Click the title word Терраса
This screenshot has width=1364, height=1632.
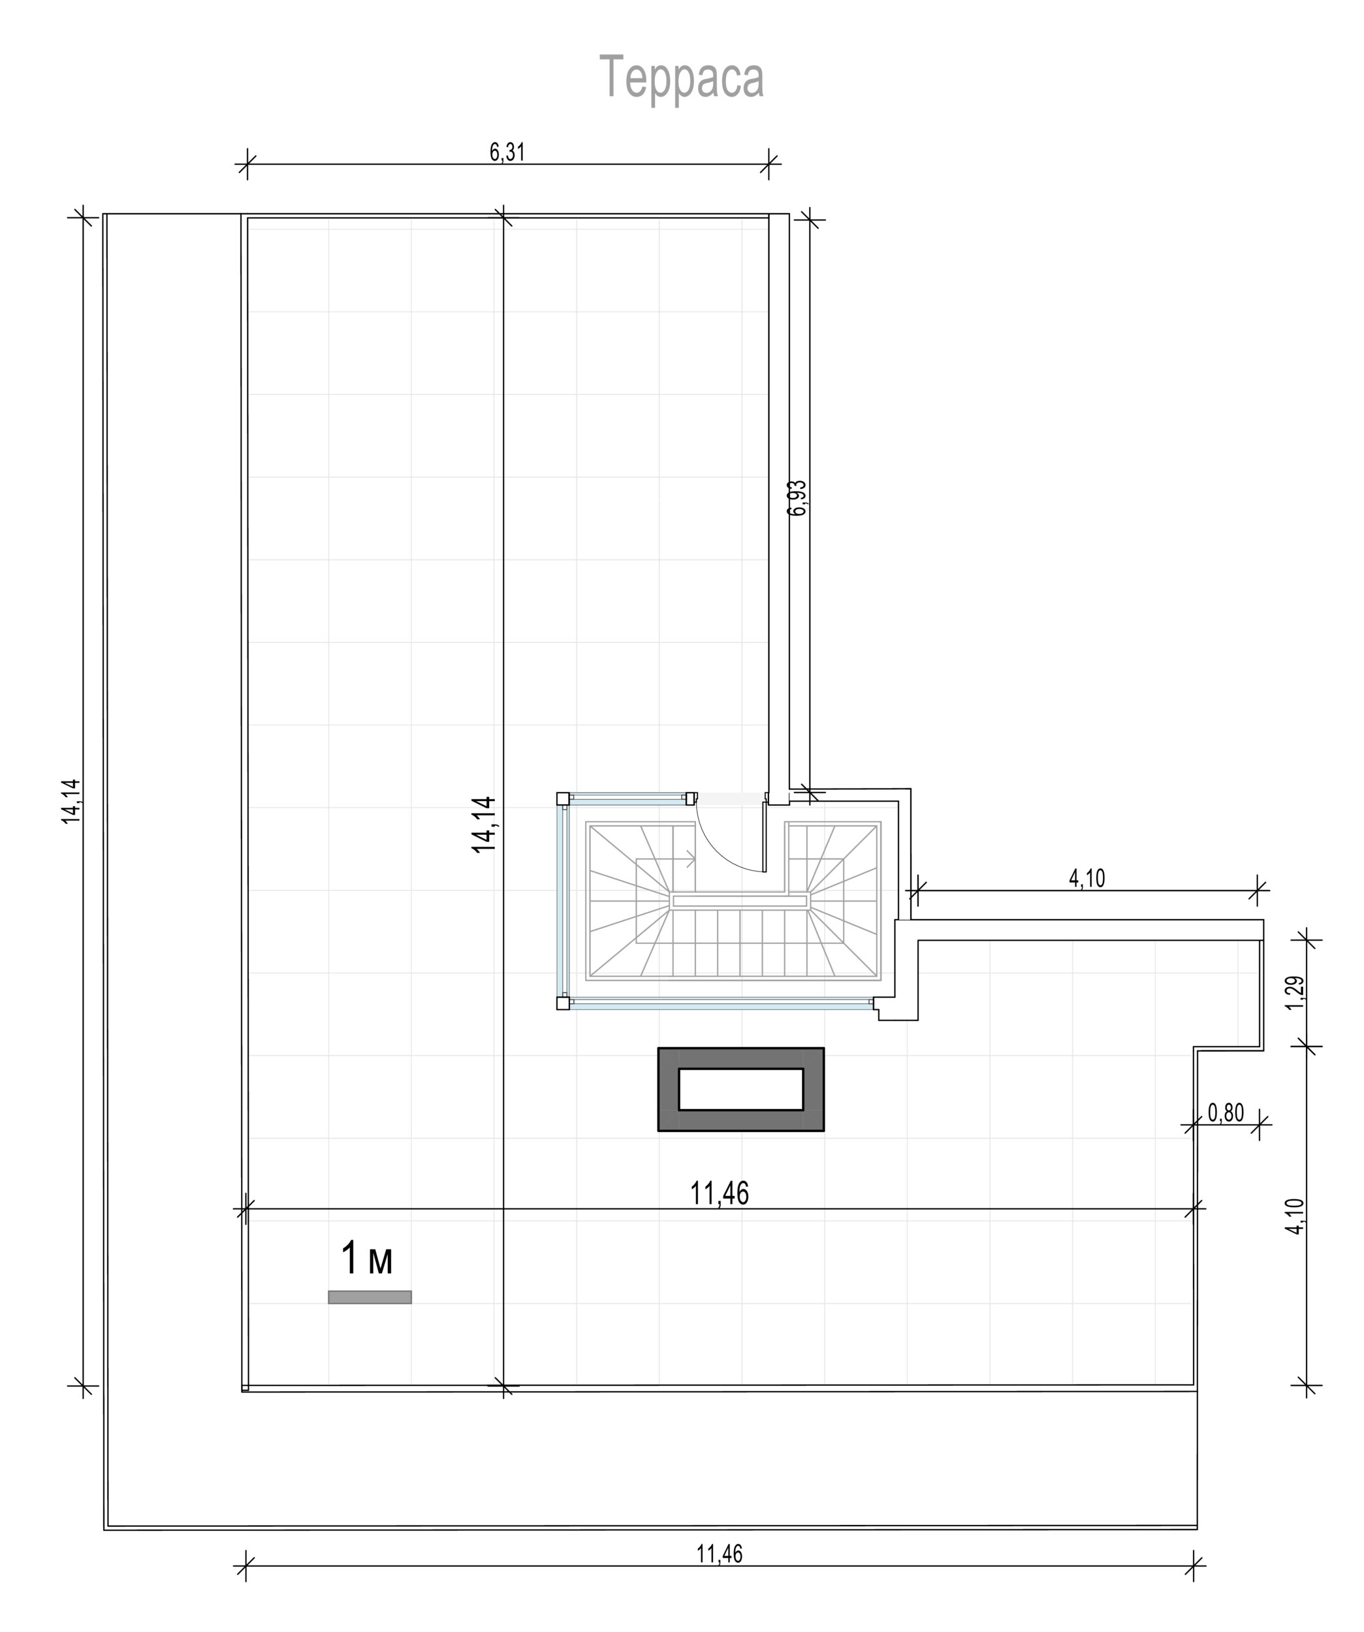[x=682, y=78]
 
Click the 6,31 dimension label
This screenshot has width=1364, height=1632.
[x=507, y=152]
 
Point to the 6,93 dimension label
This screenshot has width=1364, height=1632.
[x=797, y=497]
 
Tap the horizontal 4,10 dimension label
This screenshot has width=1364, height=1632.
[x=1086, y=878]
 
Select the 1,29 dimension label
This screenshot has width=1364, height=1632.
[x=1295, y=993]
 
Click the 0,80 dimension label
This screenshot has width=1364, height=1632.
[x=1226, y=1113]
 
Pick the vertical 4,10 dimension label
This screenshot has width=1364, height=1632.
[x=1295, y=1216]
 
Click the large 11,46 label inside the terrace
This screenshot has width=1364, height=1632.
[x=720, y=1193]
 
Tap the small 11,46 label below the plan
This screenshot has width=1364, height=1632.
[x=720, y=1554]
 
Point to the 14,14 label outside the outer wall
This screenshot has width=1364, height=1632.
[x=72, y=801]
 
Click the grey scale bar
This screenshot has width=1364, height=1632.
[x=370, y=1297]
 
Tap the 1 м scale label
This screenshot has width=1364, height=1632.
[x=367, y=1259]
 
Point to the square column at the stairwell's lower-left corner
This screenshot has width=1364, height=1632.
[x=563, y=1003]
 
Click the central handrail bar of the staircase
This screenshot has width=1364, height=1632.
[x=740, y=901]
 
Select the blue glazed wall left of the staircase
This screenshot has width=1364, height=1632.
[x=563, y=901]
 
